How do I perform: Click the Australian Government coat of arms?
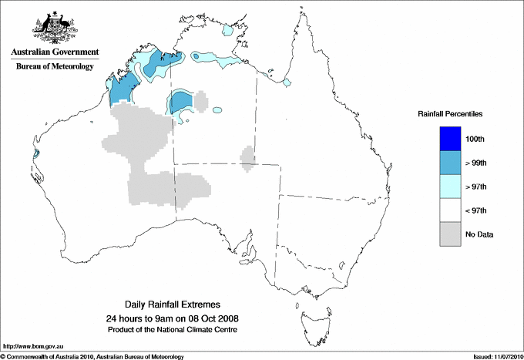coord(54,29)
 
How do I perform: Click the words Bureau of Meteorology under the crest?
coord(54,66)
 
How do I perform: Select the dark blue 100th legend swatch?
coord(450,139)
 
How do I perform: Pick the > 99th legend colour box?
coord(450,163)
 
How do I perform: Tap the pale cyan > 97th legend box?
coord(450,187)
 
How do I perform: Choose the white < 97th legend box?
coord(450,210)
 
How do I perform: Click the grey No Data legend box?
coord(450,234)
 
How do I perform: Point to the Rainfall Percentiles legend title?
coord(450,113)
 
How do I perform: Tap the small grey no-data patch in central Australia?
coord(247,156)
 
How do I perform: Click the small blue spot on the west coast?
coord(36,153)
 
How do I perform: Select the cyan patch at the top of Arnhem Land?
coord(228,32)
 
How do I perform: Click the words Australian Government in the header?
coord(54,52)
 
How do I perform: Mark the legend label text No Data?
coord(479,234)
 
